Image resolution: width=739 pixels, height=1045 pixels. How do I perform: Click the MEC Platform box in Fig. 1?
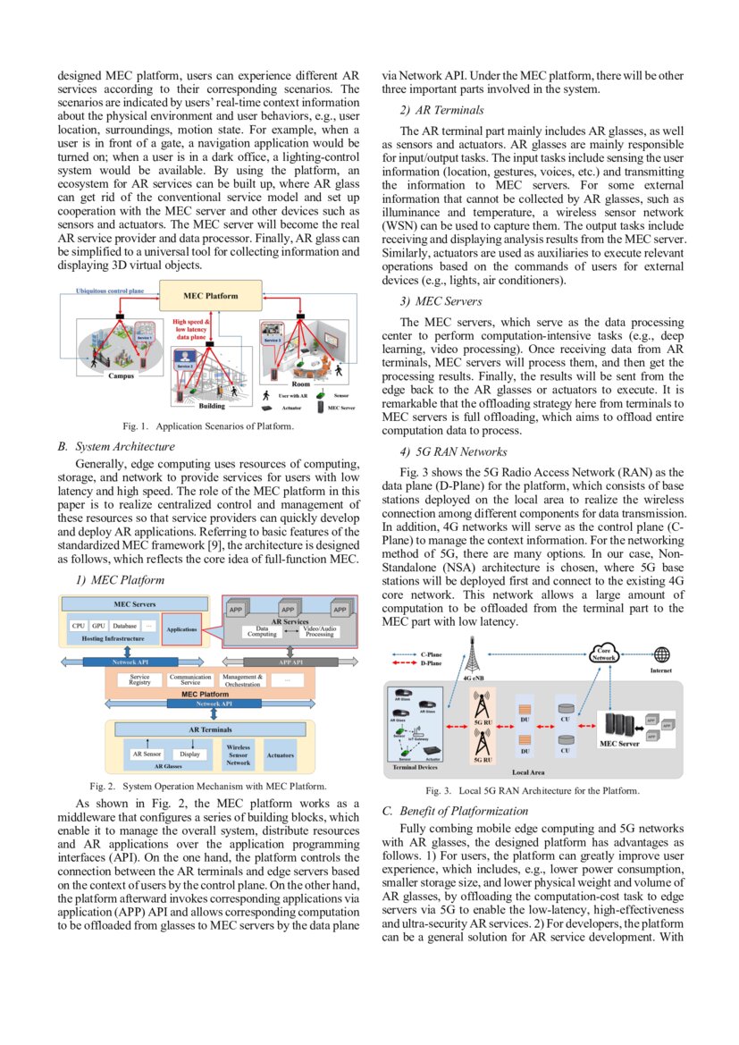(x=211, y=296)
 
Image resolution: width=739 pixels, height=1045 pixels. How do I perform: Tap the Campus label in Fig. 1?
(x=122, y=376)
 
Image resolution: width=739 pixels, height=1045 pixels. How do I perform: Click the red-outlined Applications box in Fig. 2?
(x=181, y=629)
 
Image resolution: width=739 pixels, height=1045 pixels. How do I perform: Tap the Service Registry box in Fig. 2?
(x=139, y=680)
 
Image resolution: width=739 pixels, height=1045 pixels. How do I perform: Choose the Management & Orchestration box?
(x=241, y=680)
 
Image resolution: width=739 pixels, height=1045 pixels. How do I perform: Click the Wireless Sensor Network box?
(x=238, y=755)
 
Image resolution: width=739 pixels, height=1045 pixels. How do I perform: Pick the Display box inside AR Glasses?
(x=189, y=754)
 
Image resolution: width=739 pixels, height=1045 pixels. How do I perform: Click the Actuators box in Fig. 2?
(x=280, y=755)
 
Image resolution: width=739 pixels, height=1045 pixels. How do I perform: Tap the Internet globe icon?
(x=661, y=654)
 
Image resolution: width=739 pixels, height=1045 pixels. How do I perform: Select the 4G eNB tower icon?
(x=473, y=660)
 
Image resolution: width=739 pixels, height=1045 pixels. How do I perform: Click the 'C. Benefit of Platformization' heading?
(x=455, y=811)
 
